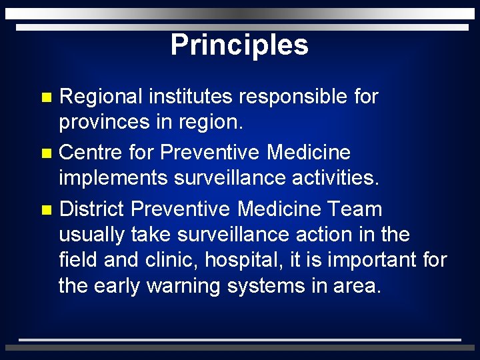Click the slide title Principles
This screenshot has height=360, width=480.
pyautogui.click(x=239, y=45)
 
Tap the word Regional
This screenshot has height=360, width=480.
pyautogui.click(x=101, y=97)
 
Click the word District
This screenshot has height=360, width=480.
pyautogui.click(x=92, y=209)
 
